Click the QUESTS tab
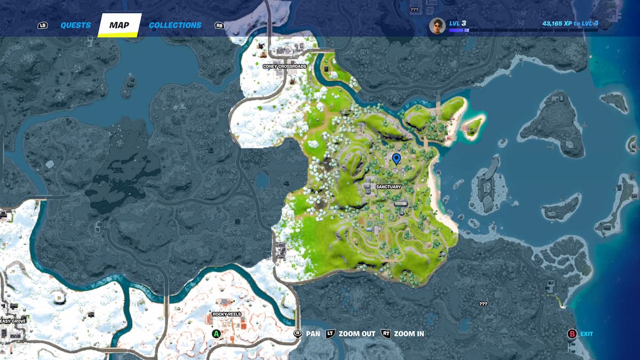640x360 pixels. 75,25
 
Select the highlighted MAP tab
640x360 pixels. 119,25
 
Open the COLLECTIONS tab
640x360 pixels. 175,25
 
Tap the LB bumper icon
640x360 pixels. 43,26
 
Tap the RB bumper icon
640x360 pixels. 219,26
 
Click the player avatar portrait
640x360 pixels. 437,26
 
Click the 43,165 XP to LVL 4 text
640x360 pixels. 570,23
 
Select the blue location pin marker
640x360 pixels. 396,158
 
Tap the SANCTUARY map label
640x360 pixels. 388,187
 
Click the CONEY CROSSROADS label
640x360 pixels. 284,66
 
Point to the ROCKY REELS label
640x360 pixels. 227,315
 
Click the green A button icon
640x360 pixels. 216,334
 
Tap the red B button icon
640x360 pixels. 572,334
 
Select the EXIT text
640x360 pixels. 587,334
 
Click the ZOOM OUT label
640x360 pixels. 357,334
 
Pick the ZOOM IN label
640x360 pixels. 409,334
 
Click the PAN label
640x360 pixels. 313,334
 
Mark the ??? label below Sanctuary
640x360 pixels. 483,304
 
